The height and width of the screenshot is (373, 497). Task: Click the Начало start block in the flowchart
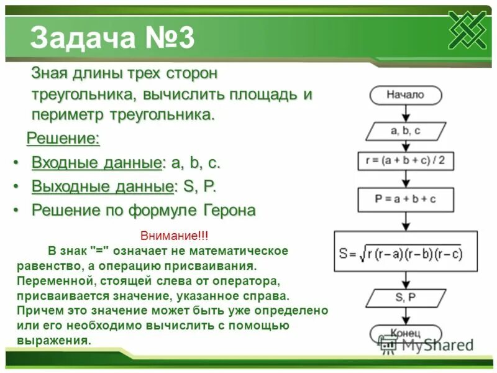(x=405, y=95)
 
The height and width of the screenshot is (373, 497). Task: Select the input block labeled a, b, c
(x=405, y=131)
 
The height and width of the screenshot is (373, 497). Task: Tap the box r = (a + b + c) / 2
(x=405, y=162)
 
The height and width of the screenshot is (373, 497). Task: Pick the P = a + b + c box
(x=405, y=200)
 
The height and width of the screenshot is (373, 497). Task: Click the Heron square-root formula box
(x=405, y=253)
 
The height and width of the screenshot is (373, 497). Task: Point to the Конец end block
(x=405, y=333)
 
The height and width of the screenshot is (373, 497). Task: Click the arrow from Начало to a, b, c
(x=405, y=113)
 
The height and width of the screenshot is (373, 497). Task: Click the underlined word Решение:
(x=63, y=138)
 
